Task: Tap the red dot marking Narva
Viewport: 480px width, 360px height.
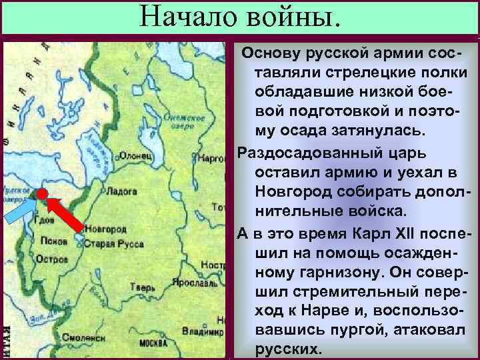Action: (x=41, y=193)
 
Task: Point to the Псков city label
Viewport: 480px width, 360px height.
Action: (x=53, y=241)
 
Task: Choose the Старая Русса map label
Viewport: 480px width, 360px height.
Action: (x=113, y=244)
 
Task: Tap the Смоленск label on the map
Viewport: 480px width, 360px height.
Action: (x=83, y=337)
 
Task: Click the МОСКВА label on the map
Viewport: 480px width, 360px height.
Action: (x=153, y=343)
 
